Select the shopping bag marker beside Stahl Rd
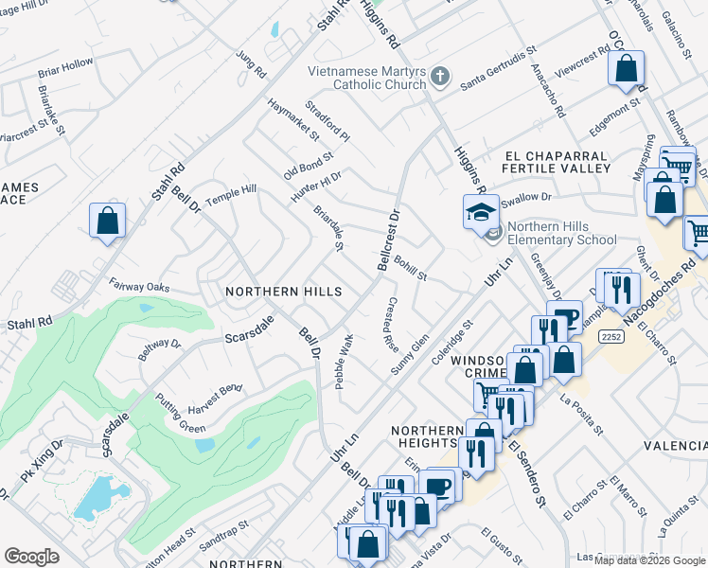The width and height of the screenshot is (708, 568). tap(108, 220)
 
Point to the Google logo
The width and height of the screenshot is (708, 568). tap(31, 557)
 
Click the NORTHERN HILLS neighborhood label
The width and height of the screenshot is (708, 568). tap(283, 293)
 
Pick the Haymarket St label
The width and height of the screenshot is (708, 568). tap(293, 119)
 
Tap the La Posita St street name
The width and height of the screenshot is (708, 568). tap(581, 415)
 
